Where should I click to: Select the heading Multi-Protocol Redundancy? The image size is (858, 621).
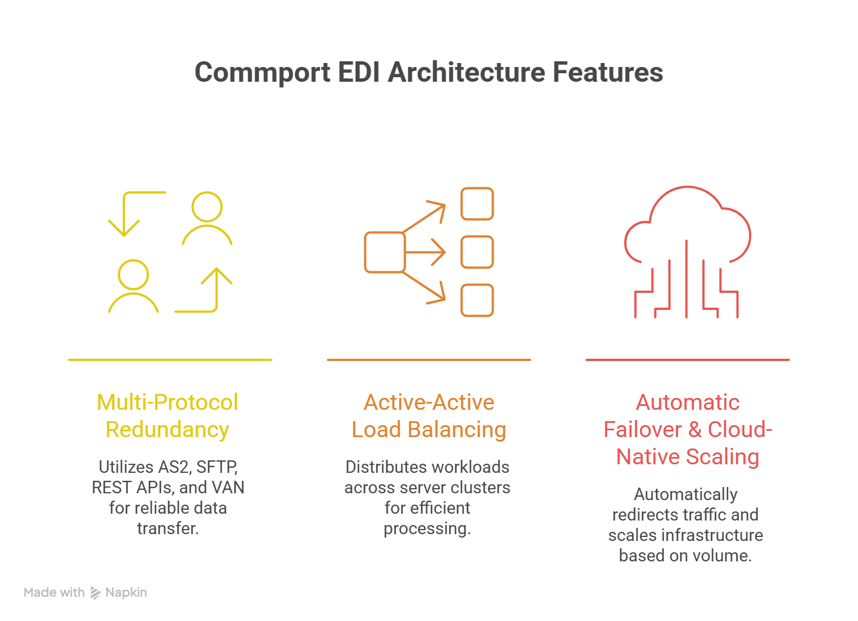(x=167, y=416)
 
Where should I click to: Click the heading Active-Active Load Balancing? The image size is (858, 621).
(x=429, y=416)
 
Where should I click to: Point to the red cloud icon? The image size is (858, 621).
(x=687, y=227)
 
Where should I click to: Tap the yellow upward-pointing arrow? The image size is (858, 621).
(x=216, y=289)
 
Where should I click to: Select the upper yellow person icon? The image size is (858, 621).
(x=207, y=219)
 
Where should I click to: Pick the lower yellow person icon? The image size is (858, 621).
(x=133, y=286)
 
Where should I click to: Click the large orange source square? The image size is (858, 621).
(x=384, y=252)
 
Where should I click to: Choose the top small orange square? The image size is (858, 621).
(x=477, y=204)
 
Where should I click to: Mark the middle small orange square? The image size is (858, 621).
(x=477, y=252)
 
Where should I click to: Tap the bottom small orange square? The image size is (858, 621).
(x=477, y=300)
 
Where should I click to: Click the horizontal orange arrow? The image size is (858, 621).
(x=426, y=252)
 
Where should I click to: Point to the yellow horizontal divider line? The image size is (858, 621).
(x=170, y=359)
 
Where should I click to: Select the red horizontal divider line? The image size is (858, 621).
(x=687, y=359)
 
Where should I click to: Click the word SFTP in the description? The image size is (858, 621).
(x=217, y=467)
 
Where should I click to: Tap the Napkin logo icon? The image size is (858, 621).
(x=95, y=593)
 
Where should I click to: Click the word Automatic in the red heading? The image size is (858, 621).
(x=687, y=402)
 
